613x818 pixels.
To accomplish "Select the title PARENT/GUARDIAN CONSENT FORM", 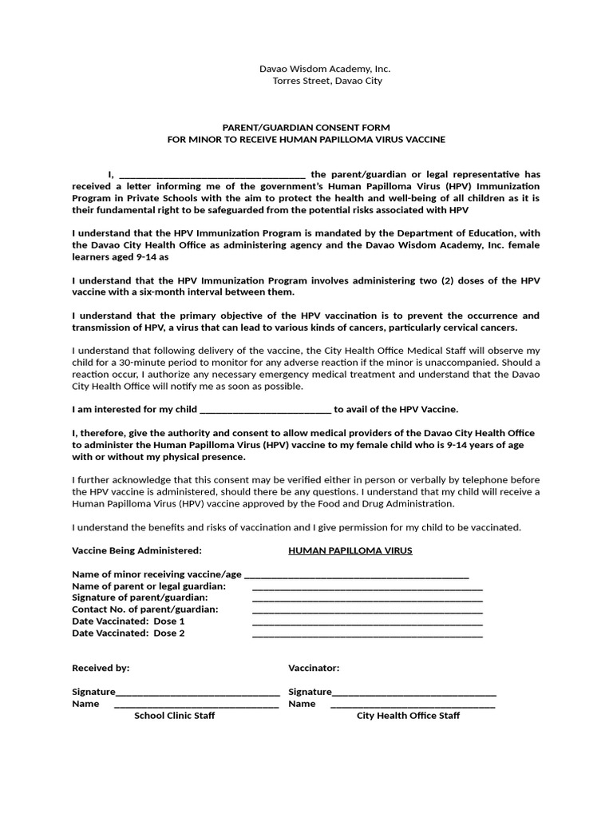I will point(306,127).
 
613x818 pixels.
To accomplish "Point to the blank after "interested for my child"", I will point(264,411).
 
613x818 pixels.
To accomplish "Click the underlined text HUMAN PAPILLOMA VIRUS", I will point(350,550).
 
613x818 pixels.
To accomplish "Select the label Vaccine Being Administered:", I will point(136,550).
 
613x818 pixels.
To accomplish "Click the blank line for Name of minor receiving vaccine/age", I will point(356,575).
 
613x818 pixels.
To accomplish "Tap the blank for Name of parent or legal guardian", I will point(367,587).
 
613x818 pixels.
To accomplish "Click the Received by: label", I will point(101,668).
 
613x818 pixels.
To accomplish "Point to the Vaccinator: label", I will point(314,668).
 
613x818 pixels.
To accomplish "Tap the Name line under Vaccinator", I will point(413,705).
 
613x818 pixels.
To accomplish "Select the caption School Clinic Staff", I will point(174,716).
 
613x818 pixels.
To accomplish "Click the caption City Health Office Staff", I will point(408,716).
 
